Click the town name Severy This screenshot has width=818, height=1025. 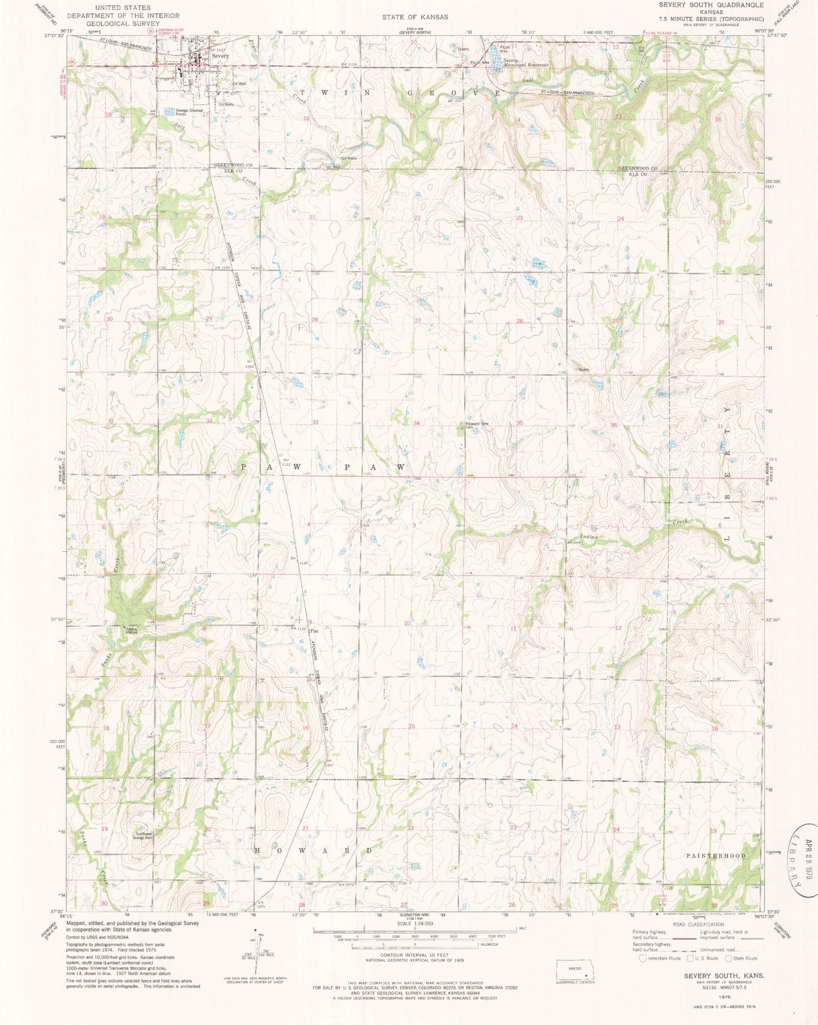point(220,57)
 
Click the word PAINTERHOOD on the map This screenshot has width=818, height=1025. point(716,856)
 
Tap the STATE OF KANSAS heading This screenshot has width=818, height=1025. point(414,17)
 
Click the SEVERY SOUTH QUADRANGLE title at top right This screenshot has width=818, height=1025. point(711,5)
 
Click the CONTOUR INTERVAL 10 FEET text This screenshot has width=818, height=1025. point(415,955)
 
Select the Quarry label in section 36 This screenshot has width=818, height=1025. point(584,370)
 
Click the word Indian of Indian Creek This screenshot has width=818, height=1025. point(589,537)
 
